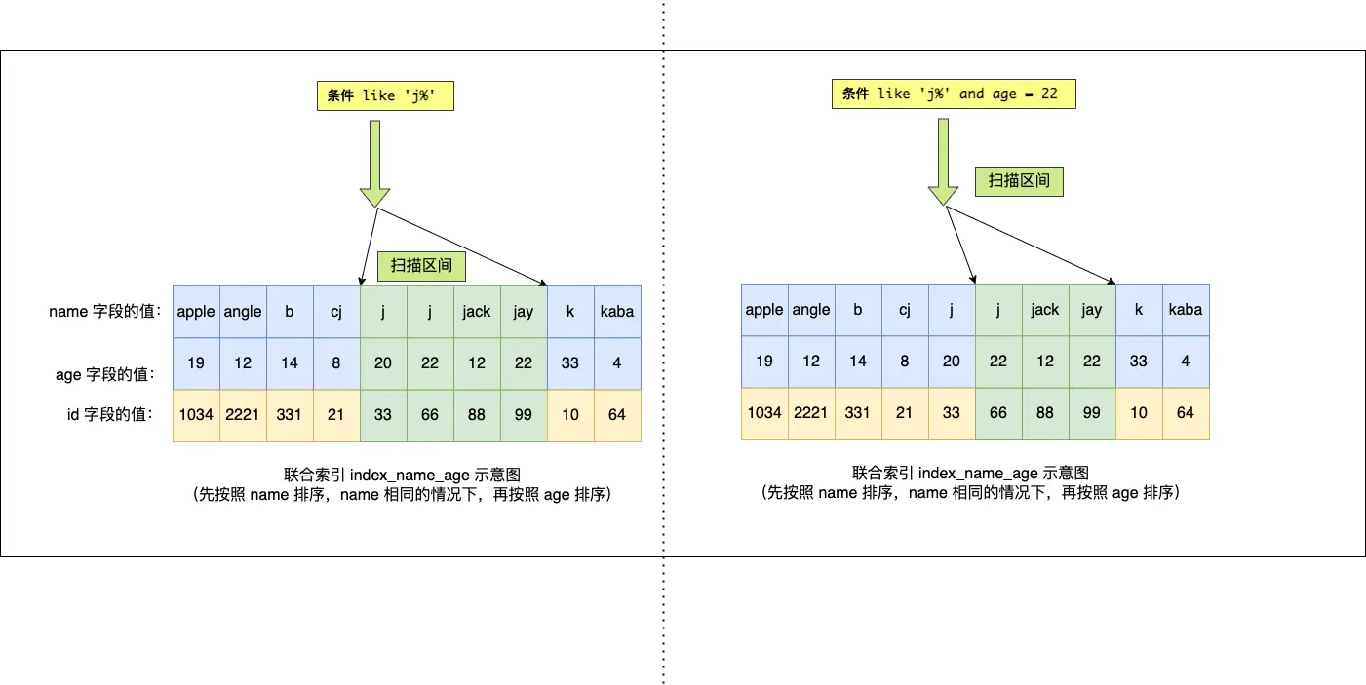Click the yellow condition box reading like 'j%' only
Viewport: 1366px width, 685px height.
pyautogui.click(x=385, y=95)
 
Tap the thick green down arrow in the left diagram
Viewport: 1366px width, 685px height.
pyautogui.click(x=374, y=161)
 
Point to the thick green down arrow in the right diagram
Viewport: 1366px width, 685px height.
pyautogui.click(x=943, y=160)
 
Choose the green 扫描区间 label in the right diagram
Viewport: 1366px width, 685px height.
pyautogui.click(x=1019, y=180)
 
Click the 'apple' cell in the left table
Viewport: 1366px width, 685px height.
pyautogui.click(x=196, y=312)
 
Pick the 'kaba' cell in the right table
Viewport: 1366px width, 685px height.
pyautogui.click(x=1185, y=310)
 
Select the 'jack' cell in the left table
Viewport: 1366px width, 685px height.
pyautogui.click(x=477, y=312)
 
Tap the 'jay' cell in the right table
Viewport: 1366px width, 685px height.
pyautogui.click(x=1091, y=310)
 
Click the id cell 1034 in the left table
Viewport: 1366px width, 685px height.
pyautogui.click(x=196, y=414)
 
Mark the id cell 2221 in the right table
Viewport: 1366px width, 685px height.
pyautogui.click(x=811, y=412)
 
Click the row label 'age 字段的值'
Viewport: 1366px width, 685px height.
pyautogui.click(x=104, y=374)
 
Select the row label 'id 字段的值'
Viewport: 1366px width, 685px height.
pyautogui.click(x=109, y=414)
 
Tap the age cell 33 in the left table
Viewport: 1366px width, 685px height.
pyautogui.click(x=570, y=362)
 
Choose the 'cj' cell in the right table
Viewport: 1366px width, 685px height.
pyautogui.click(x=905, y=310)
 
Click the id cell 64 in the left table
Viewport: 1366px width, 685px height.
pyautogui.click(x=617, y=414)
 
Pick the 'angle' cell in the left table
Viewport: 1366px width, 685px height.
pyautogui.click(x=243, y=312)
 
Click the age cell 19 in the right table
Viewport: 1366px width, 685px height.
pyautogui.click(x=764, y=361)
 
